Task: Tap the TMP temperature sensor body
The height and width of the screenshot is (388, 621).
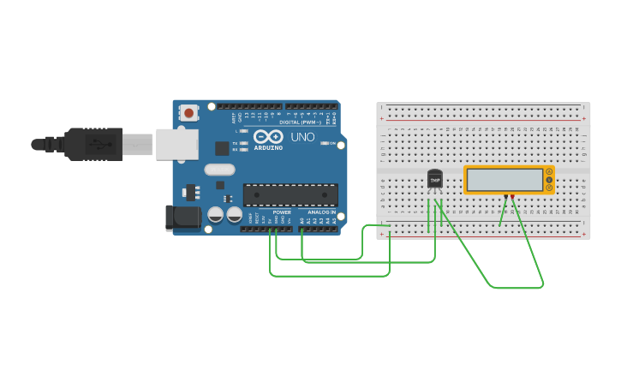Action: (435, 179)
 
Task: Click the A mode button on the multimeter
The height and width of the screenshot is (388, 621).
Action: (549, 172)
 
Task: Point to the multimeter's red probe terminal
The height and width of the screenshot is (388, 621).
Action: (513, 197)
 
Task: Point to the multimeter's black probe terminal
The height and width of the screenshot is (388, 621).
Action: (506, 197)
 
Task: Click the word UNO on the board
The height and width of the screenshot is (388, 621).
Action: (303, 137)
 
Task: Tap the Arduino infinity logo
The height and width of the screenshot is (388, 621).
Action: (267, 137)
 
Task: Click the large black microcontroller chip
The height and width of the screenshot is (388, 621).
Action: (290, 194)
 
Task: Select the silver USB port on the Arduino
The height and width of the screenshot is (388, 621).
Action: (177, 144)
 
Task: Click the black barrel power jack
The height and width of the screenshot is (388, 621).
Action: (183, 218)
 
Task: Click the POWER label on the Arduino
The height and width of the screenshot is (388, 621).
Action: (282, 212)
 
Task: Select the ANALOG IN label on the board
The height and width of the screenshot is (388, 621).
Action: (322, 212)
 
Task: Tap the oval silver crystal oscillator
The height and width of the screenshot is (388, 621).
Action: (219, 170)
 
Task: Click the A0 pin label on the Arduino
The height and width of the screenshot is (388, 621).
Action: (302, 220)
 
